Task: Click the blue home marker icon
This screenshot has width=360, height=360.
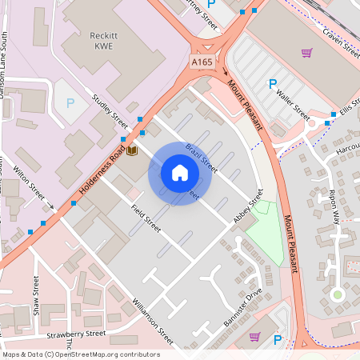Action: [180, 173]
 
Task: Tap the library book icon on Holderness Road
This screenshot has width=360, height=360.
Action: [132, 150]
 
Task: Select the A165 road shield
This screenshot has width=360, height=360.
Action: [202, 61]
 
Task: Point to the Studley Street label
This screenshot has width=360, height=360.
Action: [110, 111]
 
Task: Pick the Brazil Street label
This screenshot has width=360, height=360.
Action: [202, 158]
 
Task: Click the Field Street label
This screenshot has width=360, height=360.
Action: [146, 218]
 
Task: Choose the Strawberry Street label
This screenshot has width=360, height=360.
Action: [76, 334]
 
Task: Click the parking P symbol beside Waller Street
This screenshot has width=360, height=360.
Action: [272, 83]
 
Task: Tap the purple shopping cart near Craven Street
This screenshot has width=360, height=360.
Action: [306, 53]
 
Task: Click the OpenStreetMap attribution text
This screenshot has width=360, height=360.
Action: [81, 354]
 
